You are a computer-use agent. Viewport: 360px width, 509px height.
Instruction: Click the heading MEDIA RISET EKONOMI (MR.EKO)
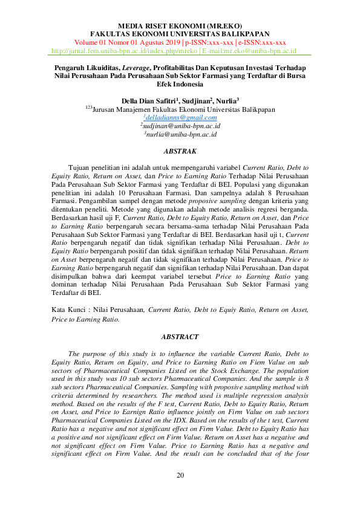180,26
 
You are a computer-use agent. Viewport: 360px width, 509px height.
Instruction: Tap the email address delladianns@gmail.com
180,117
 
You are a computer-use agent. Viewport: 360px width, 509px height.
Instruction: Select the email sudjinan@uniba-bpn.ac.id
180,126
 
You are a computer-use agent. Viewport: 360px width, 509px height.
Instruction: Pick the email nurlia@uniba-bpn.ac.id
180,134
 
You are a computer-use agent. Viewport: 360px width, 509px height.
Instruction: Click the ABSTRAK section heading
180,151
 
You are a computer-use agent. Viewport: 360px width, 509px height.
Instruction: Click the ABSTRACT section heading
180,336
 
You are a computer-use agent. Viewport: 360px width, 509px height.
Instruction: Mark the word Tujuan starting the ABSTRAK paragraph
82,166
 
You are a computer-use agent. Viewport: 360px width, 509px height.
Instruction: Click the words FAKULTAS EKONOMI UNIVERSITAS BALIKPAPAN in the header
180,34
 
